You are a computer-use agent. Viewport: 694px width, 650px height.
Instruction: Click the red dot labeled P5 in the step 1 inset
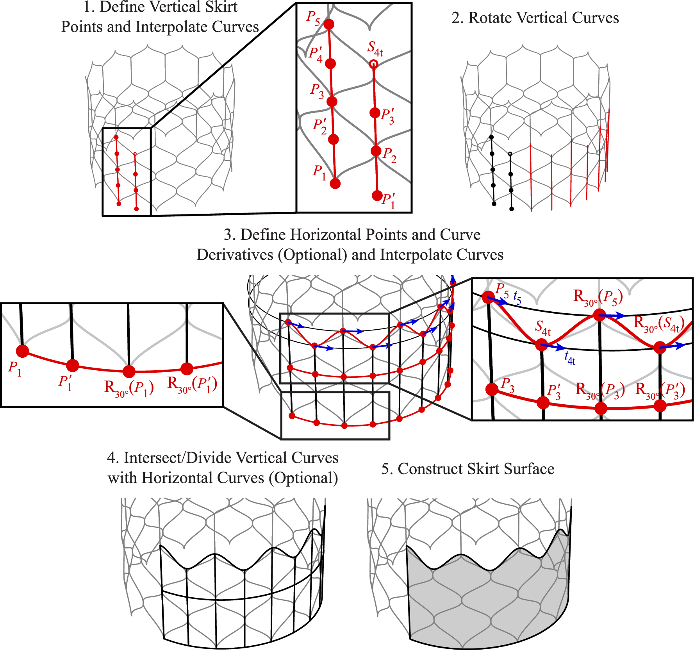(x=329, y=24)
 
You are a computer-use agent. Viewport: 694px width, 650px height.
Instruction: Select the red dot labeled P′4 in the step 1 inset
(x=330, y=63)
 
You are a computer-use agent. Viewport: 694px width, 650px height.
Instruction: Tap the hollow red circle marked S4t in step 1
(x=373, y=64)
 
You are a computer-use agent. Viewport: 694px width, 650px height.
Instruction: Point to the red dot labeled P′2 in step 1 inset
(x=334, y=139)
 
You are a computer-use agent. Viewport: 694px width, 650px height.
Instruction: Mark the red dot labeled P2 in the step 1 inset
(x=376, y=151)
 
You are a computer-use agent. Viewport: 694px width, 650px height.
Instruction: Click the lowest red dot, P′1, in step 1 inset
(x=377, y=195)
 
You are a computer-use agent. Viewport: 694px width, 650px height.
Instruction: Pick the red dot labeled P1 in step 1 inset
(x=335, y=184)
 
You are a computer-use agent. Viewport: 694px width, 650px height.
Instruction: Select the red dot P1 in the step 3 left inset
(x=23, y=351)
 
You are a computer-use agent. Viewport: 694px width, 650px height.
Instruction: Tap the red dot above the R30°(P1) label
(x=129, y=371)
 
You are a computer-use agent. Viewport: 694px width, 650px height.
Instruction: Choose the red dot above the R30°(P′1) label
(x=187, y=368)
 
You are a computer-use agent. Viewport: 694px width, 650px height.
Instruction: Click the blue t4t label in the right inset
(x=570, y=358)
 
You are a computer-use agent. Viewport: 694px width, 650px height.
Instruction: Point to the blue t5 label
(x=517, y=298)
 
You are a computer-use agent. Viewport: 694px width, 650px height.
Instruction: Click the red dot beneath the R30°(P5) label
(x=599, y=315)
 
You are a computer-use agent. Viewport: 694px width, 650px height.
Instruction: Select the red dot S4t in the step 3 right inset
(x=541, y=345)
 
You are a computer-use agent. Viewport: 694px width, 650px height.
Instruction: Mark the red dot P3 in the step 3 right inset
(x=492, y=389)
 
